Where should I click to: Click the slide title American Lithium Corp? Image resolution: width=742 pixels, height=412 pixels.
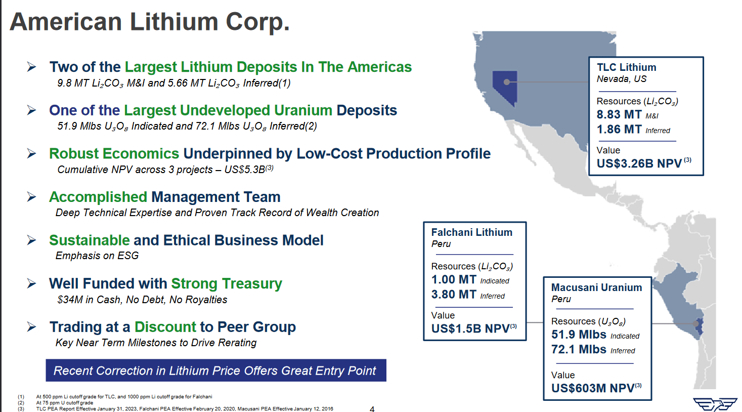[150, 22]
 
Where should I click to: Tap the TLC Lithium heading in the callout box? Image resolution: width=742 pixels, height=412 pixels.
[626, 67]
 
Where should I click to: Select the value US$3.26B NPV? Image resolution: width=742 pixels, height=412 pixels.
[639, 163]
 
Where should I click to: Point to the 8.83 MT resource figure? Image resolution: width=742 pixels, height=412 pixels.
[619, 115]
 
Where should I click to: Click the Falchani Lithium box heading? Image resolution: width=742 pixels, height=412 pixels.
[471, 232]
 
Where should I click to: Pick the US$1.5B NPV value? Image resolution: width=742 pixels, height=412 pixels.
[470, 328]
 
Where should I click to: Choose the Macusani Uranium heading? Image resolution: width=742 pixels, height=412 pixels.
[596, 287]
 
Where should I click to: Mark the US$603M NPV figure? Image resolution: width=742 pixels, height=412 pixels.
[592, 388]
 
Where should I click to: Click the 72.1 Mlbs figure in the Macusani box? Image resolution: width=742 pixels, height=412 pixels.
[579, 349]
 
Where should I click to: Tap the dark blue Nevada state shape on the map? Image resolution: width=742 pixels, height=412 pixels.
[503, 86]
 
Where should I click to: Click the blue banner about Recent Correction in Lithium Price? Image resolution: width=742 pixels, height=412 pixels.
[215, 370]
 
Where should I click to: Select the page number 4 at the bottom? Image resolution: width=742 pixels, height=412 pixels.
[372, 408]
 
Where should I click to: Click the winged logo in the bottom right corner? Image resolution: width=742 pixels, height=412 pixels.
[715, 404]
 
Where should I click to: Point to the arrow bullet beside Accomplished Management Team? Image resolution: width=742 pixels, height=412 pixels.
[31, 197]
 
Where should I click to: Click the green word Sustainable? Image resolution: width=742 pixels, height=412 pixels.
[90, 240]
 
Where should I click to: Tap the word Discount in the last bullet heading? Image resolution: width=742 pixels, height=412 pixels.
[165, 327]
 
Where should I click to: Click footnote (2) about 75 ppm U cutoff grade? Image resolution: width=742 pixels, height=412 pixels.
[64, 403]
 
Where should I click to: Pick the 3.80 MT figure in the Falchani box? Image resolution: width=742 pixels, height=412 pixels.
[454, 295]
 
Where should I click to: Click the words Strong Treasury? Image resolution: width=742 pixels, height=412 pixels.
[226, 283]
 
